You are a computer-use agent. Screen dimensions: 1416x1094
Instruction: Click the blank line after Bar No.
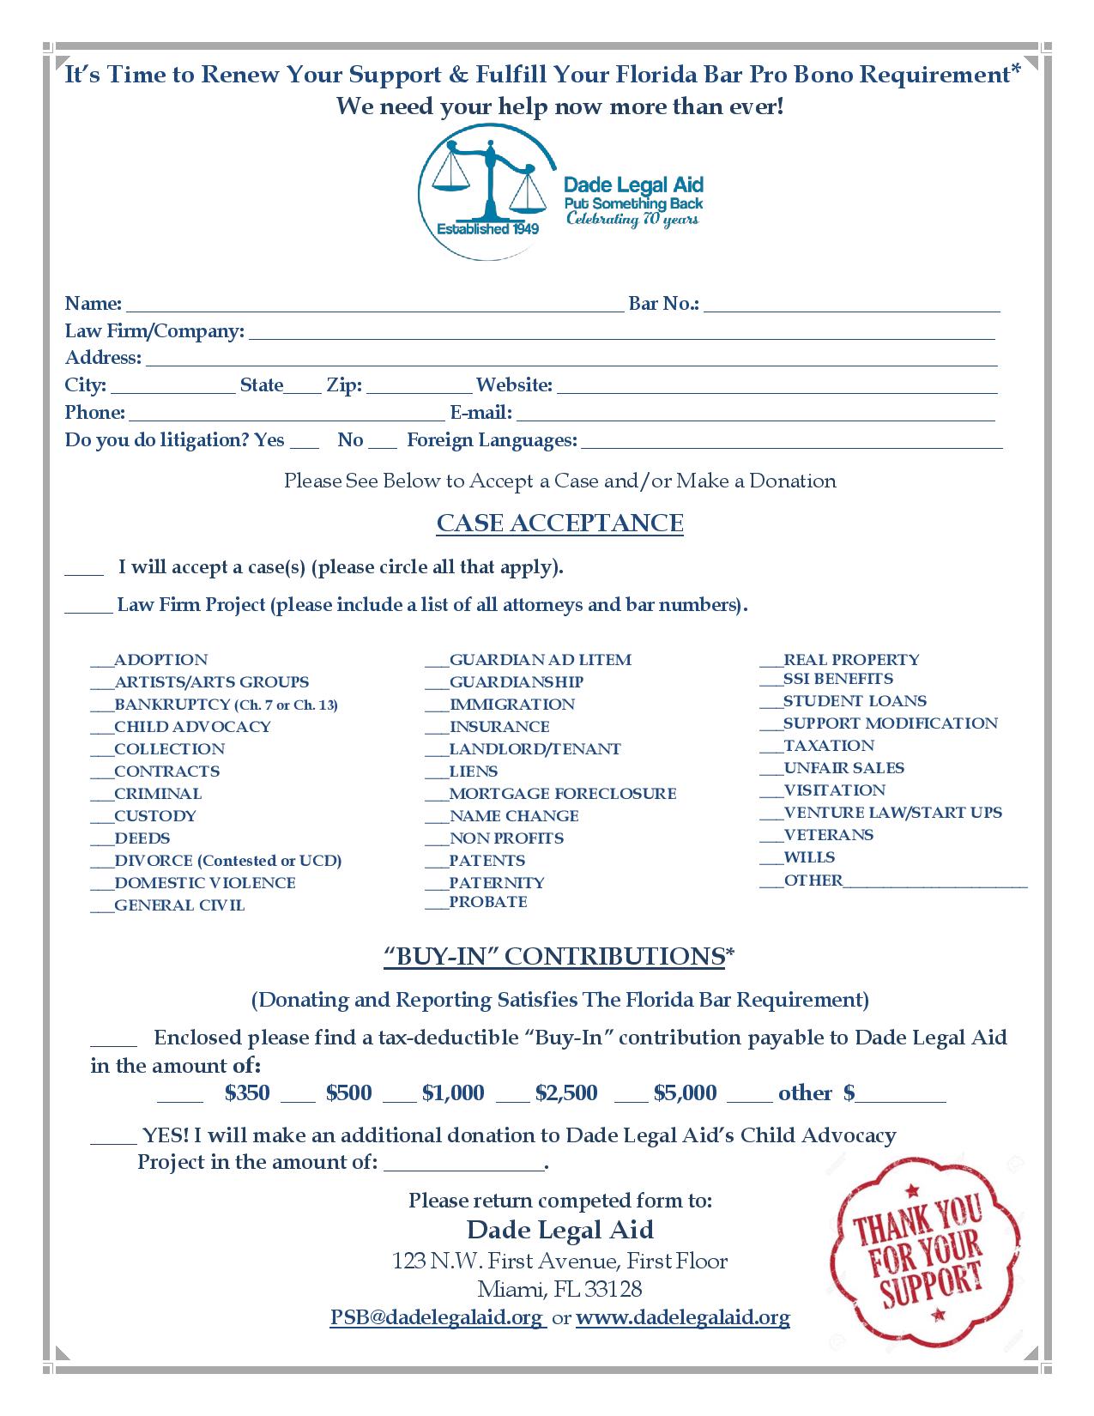851,306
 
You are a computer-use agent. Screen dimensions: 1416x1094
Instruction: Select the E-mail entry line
755,415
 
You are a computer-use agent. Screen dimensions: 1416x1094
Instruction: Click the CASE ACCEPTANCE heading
559,523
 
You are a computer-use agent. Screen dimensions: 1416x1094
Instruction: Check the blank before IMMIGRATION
437,706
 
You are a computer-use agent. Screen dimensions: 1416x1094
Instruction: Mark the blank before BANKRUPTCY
101,706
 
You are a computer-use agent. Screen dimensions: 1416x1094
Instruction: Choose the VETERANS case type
828,835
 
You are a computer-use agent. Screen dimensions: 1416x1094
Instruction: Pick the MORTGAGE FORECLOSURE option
562,794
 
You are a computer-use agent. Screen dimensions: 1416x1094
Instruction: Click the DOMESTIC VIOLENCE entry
204,883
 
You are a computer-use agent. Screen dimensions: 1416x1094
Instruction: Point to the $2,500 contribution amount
565,1093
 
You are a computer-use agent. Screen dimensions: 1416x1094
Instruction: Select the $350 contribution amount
247,1093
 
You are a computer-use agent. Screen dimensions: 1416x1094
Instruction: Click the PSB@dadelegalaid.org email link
437,1317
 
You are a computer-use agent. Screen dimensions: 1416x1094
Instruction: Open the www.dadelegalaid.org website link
682,1317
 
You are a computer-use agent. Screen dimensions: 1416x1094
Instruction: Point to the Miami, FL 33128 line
559,1289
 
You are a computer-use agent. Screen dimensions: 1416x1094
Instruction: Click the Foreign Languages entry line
791,443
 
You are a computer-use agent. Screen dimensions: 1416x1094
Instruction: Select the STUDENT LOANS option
855,701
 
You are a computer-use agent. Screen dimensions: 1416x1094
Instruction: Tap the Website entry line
777,388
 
